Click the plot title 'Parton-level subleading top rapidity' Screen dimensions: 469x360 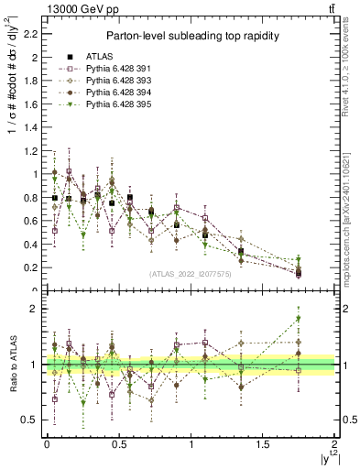(190, 36)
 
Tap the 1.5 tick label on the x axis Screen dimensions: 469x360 (262, 444)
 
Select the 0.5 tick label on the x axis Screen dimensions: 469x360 (118, 444)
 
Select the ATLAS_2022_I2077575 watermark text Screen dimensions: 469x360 (190, 273)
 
